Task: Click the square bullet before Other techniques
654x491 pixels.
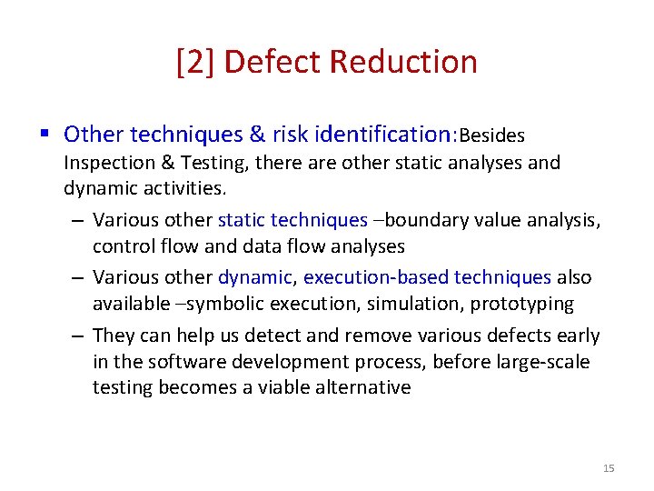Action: (x=45, y=135)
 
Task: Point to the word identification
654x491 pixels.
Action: (x=384, y=135)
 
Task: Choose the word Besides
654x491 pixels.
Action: (x=492, y=136)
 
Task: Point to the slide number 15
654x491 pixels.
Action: (x=609, y=468)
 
